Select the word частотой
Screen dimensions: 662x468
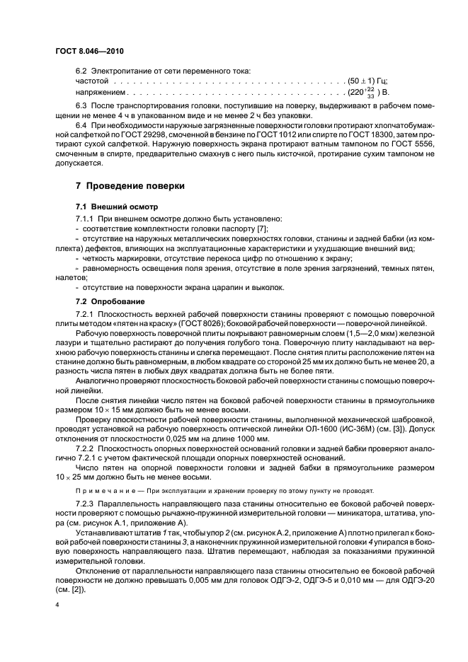91,82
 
